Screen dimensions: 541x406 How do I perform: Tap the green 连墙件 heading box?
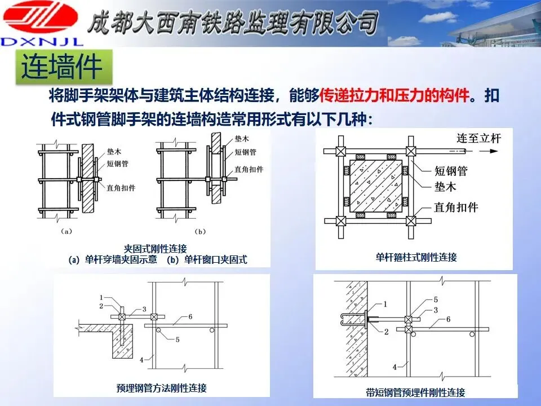point(64,67)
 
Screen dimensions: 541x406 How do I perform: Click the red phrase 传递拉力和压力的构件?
point(394,95)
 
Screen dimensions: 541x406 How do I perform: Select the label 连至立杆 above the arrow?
point(478,138)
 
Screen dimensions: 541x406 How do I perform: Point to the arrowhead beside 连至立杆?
point(494,151)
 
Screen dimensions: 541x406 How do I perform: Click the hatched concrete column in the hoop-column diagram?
point(376,186)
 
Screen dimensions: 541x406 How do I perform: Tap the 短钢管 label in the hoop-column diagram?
point(451,171)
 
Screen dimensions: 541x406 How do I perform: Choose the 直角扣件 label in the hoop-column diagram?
point(456,207)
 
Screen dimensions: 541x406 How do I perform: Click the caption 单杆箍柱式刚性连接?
point(416,257)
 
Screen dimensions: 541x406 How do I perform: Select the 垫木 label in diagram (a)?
point(114,152)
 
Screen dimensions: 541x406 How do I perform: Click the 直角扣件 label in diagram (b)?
point(249,169)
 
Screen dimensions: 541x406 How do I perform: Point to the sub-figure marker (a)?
point(66,231)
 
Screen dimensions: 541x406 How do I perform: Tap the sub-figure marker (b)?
point(200,232)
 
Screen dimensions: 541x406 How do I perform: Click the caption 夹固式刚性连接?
point(156,249)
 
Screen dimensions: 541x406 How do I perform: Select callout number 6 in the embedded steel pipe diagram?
point(190,316)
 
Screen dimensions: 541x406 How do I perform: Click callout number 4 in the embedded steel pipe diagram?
point(141,360)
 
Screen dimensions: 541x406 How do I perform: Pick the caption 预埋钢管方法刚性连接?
point(162,388)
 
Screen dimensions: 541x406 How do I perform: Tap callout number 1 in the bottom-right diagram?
point(385,304)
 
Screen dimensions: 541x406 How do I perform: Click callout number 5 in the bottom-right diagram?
point(436,299)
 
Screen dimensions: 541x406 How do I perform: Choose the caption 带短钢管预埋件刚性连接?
point(415,392)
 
